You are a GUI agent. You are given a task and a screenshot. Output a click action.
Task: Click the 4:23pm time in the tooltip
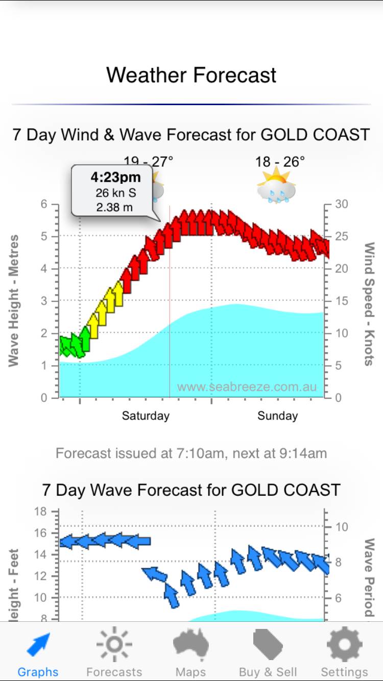point(115,178)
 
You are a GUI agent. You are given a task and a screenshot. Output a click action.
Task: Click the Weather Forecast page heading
point(191,75)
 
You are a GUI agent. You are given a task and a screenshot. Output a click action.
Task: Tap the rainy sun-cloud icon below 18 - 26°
point(276,185)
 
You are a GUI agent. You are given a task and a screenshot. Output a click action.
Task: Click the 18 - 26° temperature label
point(280,162)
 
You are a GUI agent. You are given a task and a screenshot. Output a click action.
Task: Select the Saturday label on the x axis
point(146,416)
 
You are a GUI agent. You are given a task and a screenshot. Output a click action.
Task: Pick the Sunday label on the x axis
point(277,416)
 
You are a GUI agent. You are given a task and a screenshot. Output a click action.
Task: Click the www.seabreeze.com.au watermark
point(247,387)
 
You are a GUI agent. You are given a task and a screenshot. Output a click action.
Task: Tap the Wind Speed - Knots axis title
point(369,304)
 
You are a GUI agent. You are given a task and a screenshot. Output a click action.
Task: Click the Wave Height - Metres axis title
point(14,300)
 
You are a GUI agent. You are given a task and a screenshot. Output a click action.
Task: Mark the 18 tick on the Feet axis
point(40,512)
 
